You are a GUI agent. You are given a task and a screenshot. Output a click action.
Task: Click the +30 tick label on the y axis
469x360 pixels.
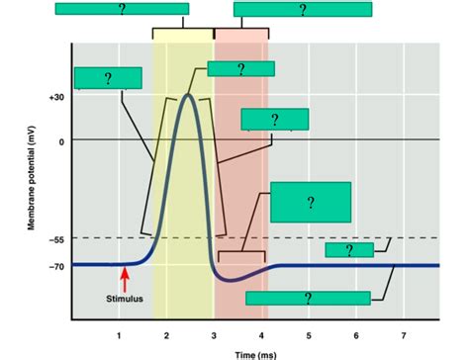54,98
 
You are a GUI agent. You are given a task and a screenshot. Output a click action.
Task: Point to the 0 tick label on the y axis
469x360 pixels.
60,141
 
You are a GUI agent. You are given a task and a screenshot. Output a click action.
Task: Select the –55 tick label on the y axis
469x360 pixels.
55,239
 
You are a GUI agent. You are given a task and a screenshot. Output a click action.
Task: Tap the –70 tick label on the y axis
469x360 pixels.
55,266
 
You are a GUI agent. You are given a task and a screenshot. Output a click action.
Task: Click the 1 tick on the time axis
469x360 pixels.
120,335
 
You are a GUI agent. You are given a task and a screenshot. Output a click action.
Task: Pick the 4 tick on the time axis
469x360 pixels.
262,335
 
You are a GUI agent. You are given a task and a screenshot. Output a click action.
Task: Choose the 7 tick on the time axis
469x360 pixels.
403,335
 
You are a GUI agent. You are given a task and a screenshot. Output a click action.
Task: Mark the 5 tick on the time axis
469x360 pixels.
309,335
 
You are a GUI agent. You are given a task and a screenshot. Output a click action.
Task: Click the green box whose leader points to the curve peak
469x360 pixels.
239,69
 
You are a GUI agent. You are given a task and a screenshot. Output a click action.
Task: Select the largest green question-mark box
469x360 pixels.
310,202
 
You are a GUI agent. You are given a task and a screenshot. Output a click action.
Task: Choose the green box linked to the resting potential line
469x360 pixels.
308,298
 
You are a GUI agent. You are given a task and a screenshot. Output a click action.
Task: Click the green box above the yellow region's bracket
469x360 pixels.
121,9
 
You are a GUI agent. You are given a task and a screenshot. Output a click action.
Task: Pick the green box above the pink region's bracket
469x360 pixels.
303,9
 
